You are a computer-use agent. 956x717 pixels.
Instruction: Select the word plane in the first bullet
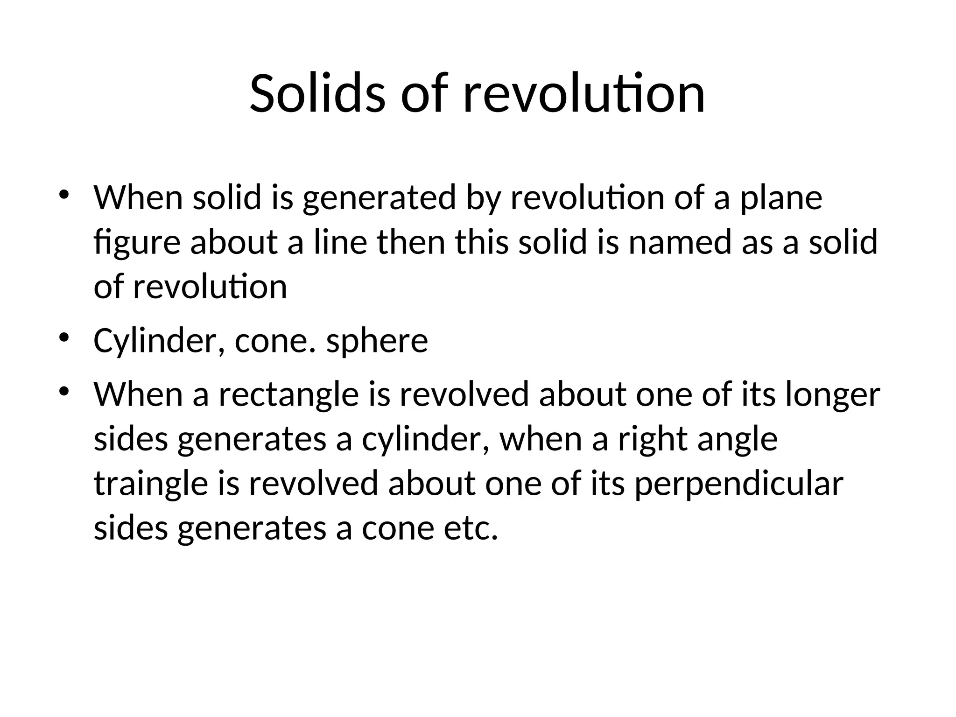pyautogui.click(x=781, y=198)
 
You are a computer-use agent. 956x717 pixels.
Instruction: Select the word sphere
pyautogui.click(x=377, y=341)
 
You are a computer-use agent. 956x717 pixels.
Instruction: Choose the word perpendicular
pyautogui.click(x=738, y=484)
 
